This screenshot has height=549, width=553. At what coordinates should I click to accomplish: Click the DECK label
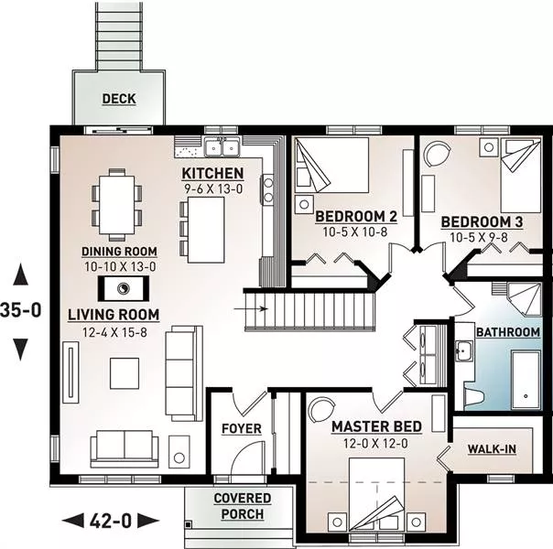tap(119, 99)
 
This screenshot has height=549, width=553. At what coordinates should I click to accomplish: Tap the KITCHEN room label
tap(212, 173)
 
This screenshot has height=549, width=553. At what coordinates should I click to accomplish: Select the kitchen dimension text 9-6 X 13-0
tap(213, 189)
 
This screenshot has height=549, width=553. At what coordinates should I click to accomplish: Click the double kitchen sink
tap(222, 146)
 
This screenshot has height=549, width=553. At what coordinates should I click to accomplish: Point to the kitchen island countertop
tap(206, 230)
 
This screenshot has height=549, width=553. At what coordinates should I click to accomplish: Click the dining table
tap(117, 205)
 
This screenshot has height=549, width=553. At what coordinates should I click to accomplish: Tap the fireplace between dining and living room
tap(123, 288)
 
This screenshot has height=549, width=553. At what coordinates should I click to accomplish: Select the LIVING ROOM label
tap(114, 315)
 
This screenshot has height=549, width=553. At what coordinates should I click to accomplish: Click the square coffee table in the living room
tap(125, 373)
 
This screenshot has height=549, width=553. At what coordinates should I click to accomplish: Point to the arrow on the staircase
tap(251, 309)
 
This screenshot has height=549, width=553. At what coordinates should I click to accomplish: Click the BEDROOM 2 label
tap(356, 216)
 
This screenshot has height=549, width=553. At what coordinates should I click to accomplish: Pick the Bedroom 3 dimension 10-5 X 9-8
tap(479, 238)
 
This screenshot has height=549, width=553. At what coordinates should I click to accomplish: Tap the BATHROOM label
tap(508, 332)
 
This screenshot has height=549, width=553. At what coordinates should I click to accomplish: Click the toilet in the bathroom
tap(473, 397)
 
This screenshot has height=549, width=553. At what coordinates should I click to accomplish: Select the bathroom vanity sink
tap(463, 351)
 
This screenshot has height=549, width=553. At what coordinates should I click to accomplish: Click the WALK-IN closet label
tap(492, 449)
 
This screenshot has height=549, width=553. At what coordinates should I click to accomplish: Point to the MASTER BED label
tap(376, 426)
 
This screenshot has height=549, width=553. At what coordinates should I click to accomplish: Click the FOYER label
tap(242, 429)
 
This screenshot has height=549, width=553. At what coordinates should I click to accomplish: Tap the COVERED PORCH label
tap(243, 506)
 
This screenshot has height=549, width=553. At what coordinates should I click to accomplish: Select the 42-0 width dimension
tap(111, 521)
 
